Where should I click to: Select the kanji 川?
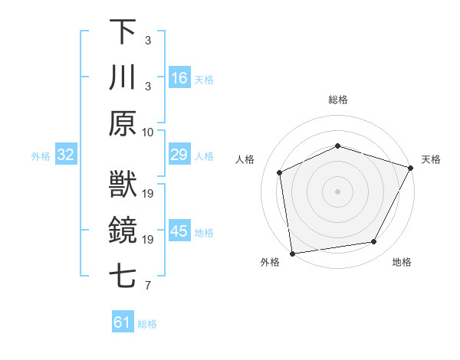(x=123, y=77)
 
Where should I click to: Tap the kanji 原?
(x=123, y=123)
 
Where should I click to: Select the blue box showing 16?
(x=179, y=78)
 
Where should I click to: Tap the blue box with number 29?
(x=179, y=155)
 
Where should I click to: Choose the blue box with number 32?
(x=65, y=155)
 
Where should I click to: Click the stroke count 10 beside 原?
(x=149, y=132)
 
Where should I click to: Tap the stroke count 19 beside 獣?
(x=149, y=194)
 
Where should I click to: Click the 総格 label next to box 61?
(x=147, y=324)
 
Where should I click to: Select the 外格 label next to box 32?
(x=41, y=156)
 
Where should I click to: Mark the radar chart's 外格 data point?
(x=292, y=253)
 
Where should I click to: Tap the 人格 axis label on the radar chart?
(x=245, y=159)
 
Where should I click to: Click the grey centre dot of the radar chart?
(x=337, y=191)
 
